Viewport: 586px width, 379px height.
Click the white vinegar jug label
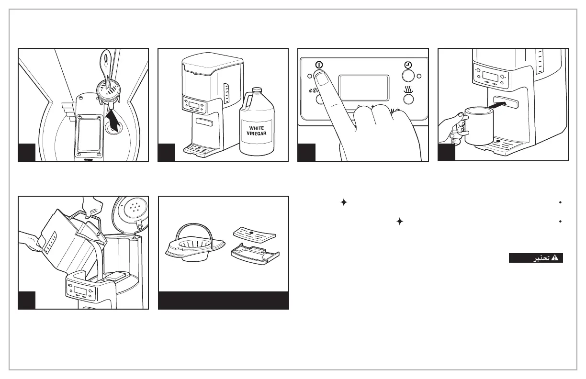pos(256,131)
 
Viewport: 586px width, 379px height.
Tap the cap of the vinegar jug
pos(257,90)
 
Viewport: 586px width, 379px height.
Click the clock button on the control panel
pos(407,75)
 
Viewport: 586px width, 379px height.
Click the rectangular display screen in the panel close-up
pos(363,88)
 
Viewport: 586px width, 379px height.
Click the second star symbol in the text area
pos(399,222)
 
